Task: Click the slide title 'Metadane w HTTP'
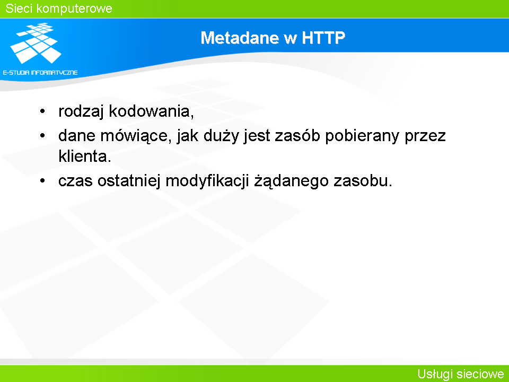[x=273, y=38]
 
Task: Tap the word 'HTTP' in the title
[x=323, y=38]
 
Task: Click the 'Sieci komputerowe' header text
[x=59, y=8]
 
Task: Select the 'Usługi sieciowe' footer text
[x=461, y=374]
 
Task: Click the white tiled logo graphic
[x=36, y=43]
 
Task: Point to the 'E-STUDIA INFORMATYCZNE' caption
[x=40, y=73]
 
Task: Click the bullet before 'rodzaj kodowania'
[x=42, y=111]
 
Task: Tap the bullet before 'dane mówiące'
[x=42, y=135]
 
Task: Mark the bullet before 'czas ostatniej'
[x=42, y=180]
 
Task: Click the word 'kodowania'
[x=151, y=111]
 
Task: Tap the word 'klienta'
[x=85, y=156]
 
